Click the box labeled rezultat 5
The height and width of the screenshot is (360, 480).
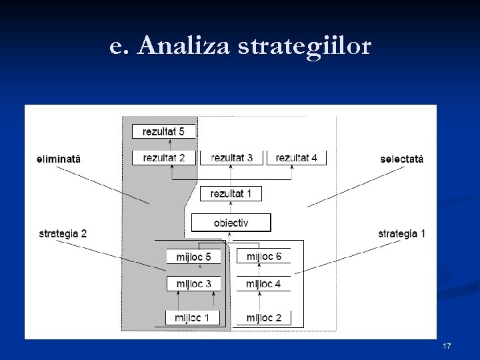[163, 131]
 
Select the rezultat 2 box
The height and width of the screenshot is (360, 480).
[163, 158]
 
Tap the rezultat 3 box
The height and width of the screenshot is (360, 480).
[231, 158]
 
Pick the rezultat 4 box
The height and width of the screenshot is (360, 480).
[297, 158]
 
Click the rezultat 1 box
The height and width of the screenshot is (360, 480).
[231, 193]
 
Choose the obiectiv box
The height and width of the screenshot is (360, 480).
[231, 223]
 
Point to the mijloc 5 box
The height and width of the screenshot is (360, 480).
[193, 257]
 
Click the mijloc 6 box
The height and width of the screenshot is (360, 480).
[264, 256]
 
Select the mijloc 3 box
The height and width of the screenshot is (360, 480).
[193, 284]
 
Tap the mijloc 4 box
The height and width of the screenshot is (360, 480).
[263, 284]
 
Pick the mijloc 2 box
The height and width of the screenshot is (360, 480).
[263, 318]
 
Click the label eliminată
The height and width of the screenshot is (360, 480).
[58, 159]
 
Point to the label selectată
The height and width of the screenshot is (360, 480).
[401, 159]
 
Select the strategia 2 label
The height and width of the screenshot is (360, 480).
[63, 233]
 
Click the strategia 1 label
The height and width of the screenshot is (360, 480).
[401, 233]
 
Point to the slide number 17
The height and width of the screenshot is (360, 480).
[447, 346]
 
